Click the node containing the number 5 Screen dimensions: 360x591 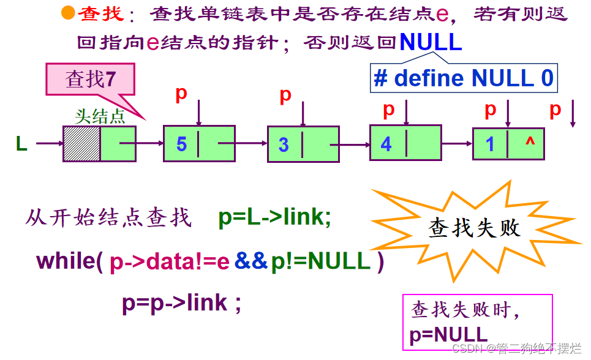coord(199,144)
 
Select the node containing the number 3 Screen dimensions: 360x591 coord(303,144)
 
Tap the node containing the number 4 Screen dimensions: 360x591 coord(405,143)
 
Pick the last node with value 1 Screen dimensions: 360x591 coord(508,144)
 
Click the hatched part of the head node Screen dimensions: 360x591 coord(81,144)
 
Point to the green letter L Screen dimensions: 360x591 coord(21,144)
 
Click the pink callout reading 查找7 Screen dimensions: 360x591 coord(90,80)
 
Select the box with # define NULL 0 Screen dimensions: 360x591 coord(464,78)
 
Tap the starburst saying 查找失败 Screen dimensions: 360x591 coord(474,228)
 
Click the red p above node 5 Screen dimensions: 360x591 coord(181,94)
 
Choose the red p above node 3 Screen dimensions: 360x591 coord(285,95)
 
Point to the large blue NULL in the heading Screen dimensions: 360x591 coord(431,42)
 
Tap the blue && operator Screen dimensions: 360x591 coord(251,261)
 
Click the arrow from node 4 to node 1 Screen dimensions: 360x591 coord(457,144)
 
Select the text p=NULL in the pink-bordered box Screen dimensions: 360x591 coord(448,335)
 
